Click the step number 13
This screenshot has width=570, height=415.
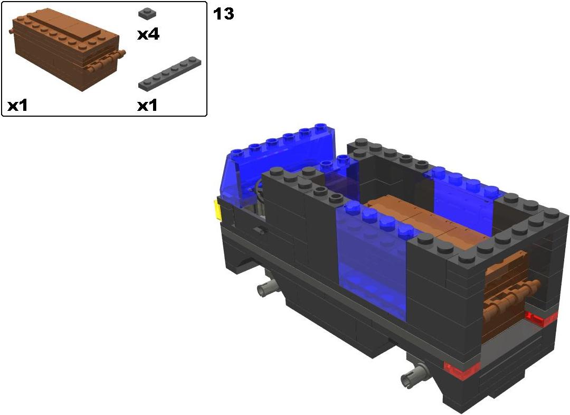click(223, 14)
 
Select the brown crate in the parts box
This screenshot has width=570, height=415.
click(66, 51)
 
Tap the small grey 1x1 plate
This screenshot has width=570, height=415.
click(148, 13)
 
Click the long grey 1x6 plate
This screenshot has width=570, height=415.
click(170, 73)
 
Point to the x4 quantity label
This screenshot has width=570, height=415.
click(148, 34)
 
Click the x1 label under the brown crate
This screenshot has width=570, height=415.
click(17, 106)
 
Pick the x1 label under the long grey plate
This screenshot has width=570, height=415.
click(147, 106)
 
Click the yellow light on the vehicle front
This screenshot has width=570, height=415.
click(217, 210)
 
